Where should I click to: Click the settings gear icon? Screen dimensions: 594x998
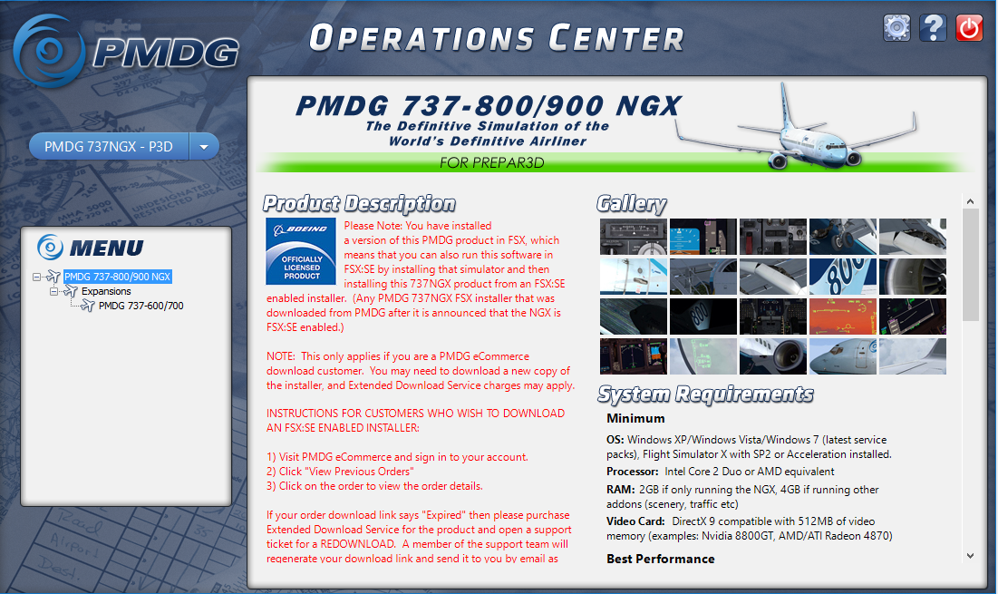pos(896,28)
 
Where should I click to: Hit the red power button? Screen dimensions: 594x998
pos(969,28)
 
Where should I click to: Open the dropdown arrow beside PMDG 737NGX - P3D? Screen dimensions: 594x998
pos(204,146)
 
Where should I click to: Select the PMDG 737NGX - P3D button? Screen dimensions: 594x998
pos(115,146)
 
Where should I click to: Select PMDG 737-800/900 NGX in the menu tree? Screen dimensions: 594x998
pos(118,277)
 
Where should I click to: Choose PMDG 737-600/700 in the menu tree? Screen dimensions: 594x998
pos(140,306)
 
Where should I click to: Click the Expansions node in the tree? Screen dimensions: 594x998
pos(106,291)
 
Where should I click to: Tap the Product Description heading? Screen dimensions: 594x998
pos(359,204)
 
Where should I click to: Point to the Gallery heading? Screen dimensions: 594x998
pos(632,204)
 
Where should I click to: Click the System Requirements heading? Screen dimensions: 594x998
pos(705,394)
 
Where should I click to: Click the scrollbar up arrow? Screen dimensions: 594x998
pos(970,202)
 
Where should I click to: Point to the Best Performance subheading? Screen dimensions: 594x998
pos(661,559)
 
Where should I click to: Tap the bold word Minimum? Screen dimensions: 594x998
pos(635,418)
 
